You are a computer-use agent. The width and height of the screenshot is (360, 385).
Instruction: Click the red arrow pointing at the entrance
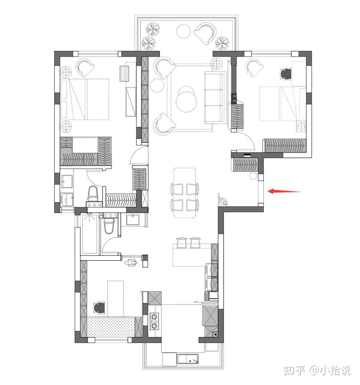click(x=284, y=191)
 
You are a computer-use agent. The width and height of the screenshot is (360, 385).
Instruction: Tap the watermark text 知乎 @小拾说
click(x=317, y=370)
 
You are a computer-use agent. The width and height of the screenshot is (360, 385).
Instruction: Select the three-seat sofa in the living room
click(x=215, y=98)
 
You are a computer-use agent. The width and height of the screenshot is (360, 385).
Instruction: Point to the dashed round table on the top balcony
click(x=183, y=31)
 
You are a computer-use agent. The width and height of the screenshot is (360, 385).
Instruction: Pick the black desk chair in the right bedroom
click(x=286, y=74)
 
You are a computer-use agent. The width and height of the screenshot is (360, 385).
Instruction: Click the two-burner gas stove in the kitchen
click(x=154, y=321)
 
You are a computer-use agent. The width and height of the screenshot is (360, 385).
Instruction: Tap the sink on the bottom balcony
click(x=188, y=360)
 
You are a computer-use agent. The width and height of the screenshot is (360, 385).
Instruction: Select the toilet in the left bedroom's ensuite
click(x=93, y=193)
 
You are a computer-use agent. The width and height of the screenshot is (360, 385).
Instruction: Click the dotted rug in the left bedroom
click(x=125, y=73)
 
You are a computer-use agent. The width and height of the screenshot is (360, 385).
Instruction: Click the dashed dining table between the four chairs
click(x=185, y=193)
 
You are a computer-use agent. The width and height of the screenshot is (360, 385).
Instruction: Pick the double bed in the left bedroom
click(x=85, y=99)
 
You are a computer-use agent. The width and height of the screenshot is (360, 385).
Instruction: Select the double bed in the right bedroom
click(x=283, y=104)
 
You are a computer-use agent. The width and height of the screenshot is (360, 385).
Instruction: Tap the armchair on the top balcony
click(x=205, y=33)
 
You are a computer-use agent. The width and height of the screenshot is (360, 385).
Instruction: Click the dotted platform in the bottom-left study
click(x=111, y=327)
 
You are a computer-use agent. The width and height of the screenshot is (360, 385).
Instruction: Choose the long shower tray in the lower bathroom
click(x=89, y=233)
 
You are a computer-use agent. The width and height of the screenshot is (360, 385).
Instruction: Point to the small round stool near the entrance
click(x=252, y=176)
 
